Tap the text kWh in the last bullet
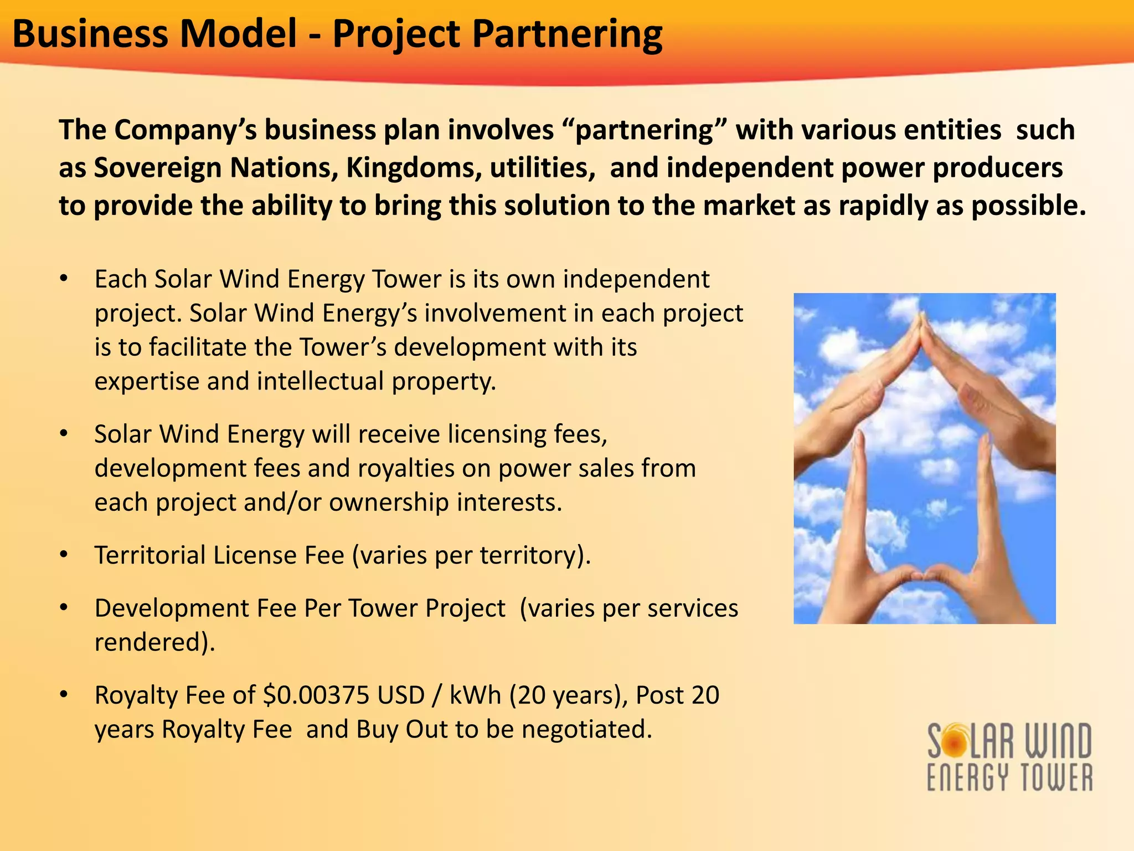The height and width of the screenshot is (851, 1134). [475, 695]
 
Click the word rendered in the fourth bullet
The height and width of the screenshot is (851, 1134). [150, 642]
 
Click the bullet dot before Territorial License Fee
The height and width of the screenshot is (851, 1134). [64, 555]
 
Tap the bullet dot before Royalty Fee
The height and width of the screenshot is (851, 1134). [64, 695]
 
